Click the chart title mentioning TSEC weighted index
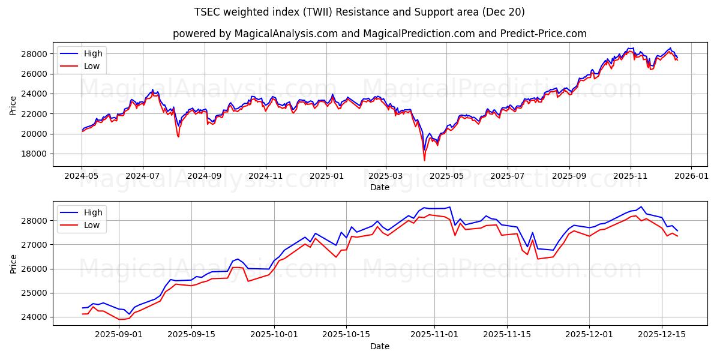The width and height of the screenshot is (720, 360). pyautogui.click(x=360, y=12)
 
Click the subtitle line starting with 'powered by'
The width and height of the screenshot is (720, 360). pyautogui.click(x=379, y=34)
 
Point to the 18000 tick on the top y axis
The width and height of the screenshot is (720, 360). pyautogui.click(x=35, y=154)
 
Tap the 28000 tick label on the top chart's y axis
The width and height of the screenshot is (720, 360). pyautogui.click(x=35, y=54)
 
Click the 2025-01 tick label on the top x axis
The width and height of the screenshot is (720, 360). pyautogui.click(x=326, y=176)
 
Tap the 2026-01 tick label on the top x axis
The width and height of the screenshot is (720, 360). pyautogui.click(x=691, y=176)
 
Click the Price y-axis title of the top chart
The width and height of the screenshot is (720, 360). pyautogui.click(x=13, y=106)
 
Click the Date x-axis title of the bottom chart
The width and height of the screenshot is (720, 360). pyautogui.click(x=379, y=346)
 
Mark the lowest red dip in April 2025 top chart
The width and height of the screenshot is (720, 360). pyautogui.click(x=424, y=160)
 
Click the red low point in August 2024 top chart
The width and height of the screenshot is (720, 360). pyautogui.click(x=178, y=137)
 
